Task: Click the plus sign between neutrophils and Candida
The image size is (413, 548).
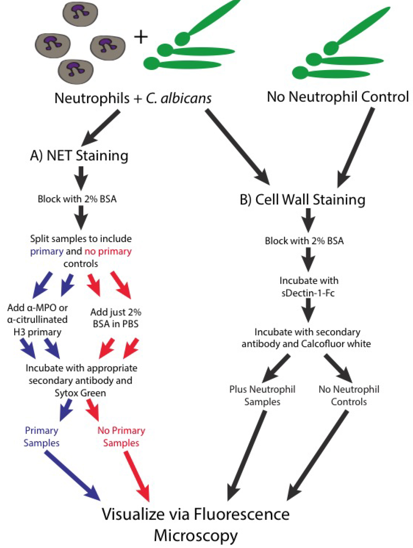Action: click(x=141, y=37)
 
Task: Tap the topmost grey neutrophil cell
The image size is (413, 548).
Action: click(x=80, y=13)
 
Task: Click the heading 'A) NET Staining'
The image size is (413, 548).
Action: click(x=79, y=156)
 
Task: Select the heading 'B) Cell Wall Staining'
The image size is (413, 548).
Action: click(x=302, y=199)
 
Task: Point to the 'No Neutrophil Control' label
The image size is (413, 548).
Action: click(x=338, y=96)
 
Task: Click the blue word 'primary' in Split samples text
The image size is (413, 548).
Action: click(x=47, y=251)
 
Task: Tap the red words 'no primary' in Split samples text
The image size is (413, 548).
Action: click(x=108, y=251)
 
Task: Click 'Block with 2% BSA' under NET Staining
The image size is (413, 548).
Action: click(x=77, y=199)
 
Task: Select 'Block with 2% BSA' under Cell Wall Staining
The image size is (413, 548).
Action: click(x=304, y=241)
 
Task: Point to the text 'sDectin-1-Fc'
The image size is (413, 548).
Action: click(x=308, y=293)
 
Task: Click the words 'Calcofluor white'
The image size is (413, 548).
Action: click(x=336, y=344)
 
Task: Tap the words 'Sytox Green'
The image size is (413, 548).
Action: click(x=80, y=393)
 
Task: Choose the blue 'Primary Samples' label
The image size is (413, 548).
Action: click(x=42, y=437)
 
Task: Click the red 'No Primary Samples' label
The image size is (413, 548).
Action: click(x=121, y=437)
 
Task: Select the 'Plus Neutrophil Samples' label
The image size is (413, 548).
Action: click(x=262, y=396)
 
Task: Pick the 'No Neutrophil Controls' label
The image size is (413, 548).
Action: click(x=349, y=396)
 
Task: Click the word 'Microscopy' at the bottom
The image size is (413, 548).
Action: click(x=196, y=536)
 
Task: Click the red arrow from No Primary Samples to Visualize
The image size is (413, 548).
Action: click(x=137, y=476)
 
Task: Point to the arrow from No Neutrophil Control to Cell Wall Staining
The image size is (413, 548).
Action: click(x=356, y=147)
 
